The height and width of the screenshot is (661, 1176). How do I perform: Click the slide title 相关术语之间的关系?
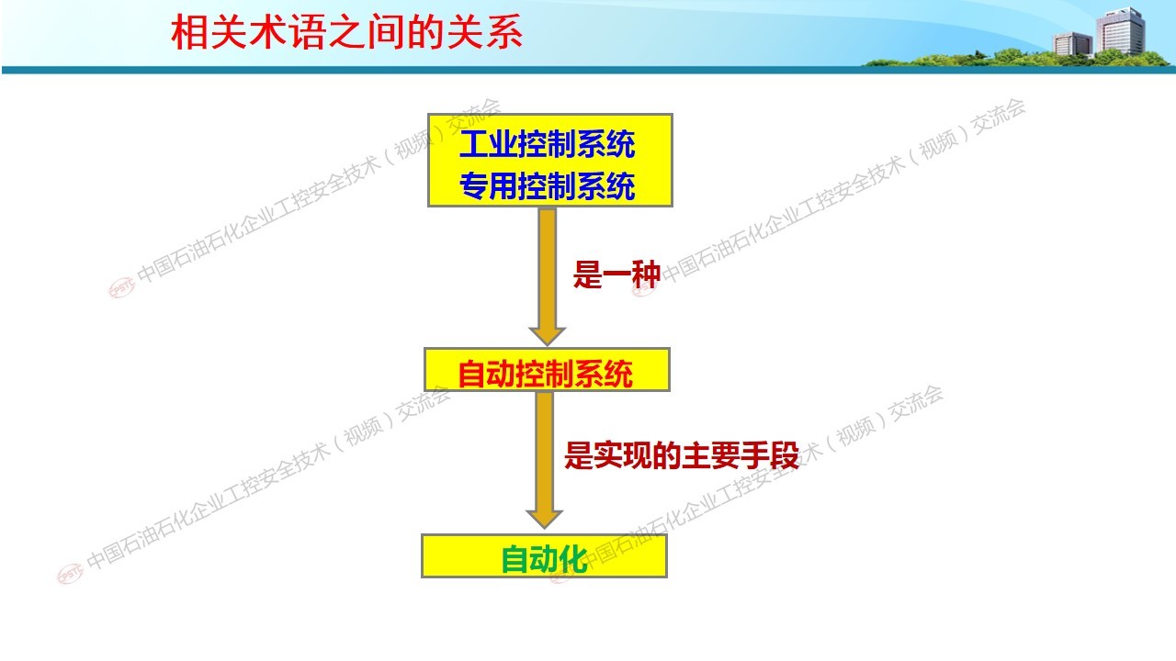pyautogui.click(x=346, y=32)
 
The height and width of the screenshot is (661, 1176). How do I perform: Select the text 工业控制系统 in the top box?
pyautogui.click(x=547, y=144)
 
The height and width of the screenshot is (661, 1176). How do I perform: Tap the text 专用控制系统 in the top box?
pyautogui.click(x=547, y=185)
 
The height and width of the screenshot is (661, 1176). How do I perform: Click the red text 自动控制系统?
pyautogui.click(x=545, y=374)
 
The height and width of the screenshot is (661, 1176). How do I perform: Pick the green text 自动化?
pyautogui.click(x=544, y=559)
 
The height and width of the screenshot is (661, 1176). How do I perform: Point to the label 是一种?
pyautogui.click(x=616, y=274)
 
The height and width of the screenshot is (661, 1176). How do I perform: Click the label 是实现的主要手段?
pyautogui.click(x=682, y=454)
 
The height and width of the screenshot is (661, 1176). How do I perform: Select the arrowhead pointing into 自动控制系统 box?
pyautogui.click(x=547, y=336)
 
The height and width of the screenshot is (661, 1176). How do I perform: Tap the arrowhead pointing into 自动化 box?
pyautogui.click(x=545, y=519)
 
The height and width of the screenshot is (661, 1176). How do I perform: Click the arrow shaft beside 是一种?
pyautogui.click(x=547, y=268)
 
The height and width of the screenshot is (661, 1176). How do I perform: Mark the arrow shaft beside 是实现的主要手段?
pyautogui.click(x=545, y=452)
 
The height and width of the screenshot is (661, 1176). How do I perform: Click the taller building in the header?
pyautogui.click(x=1120, y=31)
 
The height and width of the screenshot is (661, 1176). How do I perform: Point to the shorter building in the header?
pyautogui.click(x=1072, y=44)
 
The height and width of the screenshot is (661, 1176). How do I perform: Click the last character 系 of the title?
pyautogui.click(x=504, y=32)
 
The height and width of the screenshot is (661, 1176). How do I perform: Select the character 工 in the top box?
pyautogui.click(x=473, y=144)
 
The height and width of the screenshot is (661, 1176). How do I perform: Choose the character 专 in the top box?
pyautogui.click(x=473, y=185)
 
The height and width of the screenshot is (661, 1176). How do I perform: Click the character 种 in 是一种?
pyautogui.click(x=646, y=274)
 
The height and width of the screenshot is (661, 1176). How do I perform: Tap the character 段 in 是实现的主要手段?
pyautogui.click(x=785, y=454)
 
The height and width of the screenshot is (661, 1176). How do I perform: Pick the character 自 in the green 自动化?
pyautogui.click(x=515, y=559)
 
